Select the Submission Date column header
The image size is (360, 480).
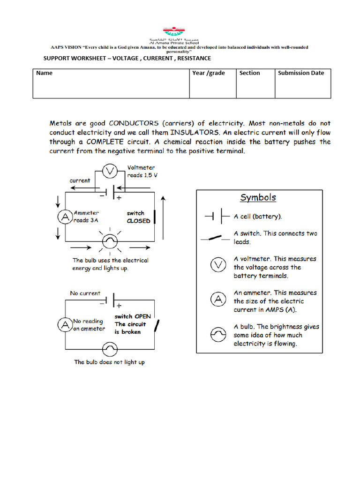coord(301,73)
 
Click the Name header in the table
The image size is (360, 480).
coord(45,73)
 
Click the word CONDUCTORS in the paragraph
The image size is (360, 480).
coord(134,124)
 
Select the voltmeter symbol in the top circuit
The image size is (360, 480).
coord(110,172)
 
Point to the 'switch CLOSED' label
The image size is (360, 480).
coord(138,217)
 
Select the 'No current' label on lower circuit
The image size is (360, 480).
coord(85,293)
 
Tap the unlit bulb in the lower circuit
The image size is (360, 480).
coord(110,349)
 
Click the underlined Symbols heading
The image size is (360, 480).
coord(258,198)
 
